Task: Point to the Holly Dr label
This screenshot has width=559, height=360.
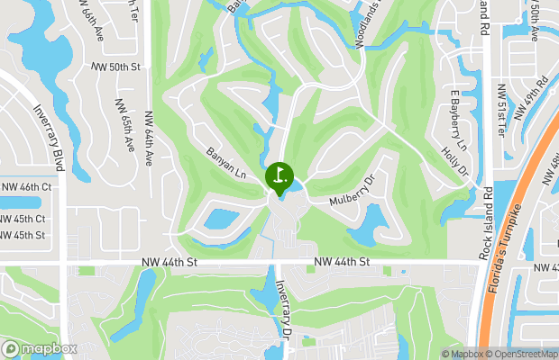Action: point(453,162)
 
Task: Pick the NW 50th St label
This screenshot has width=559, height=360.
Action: point(116,67)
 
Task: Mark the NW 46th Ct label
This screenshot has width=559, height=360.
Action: point(27,186)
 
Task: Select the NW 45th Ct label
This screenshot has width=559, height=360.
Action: point(24,220)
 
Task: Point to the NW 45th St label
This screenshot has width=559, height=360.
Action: point(24,236)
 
